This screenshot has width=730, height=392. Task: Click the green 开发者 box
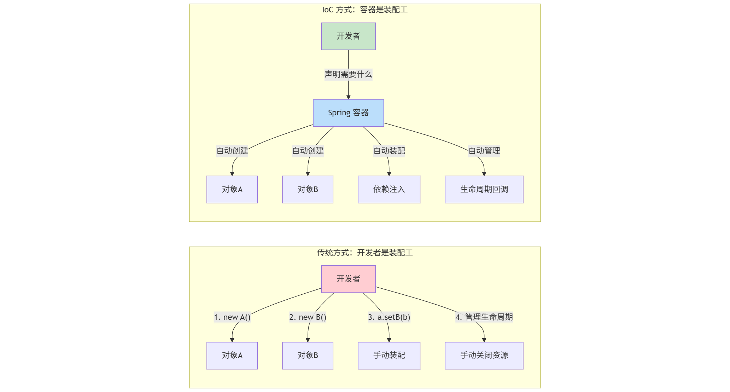(348, 36)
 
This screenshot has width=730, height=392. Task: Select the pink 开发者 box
(348, 279)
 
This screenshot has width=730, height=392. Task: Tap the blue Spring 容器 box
(348, 113)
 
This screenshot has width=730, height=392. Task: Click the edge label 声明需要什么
(348, 74)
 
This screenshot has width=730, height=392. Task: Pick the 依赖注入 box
(389, 189)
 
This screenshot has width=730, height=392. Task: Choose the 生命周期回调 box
(484, 189)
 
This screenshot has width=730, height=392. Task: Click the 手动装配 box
(389, 356)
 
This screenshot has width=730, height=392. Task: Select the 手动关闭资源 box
(484, 356)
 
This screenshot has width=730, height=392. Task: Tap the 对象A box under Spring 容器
(232, 189)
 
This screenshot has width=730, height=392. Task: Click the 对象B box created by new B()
(308, 356)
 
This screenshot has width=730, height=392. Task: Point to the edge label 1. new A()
(232, 317)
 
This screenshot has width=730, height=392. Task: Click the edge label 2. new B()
(308, 317)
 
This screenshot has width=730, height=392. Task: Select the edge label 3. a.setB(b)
(389, 317)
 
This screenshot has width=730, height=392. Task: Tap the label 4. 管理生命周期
(484, 317)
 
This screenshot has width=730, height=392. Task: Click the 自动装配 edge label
(389, 151)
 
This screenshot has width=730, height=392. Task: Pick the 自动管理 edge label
(484, 151)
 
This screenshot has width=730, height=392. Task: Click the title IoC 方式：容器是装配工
(365, 10)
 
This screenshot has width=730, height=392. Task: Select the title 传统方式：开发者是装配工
(365, 253)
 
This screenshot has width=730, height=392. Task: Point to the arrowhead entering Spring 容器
(348, 97)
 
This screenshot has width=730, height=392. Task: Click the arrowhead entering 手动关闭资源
(484, 340)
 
